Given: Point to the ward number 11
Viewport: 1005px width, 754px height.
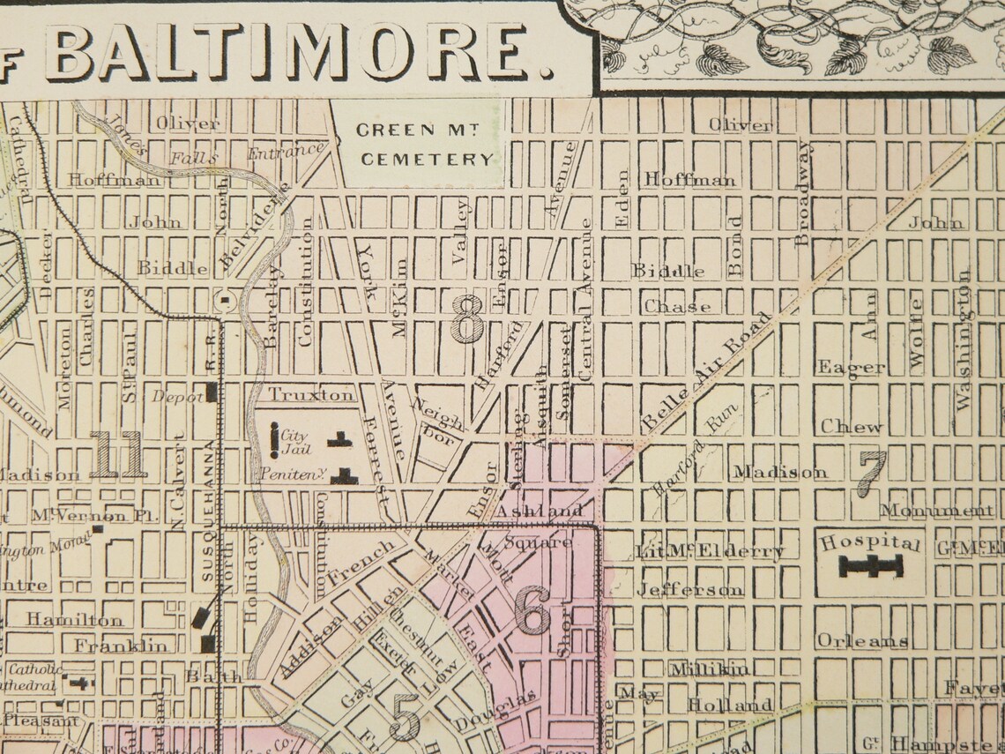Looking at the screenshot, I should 117,454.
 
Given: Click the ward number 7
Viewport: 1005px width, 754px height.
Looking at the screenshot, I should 871,473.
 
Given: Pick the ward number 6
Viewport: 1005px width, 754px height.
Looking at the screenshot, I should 532,611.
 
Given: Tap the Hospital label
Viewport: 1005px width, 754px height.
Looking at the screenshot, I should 870,542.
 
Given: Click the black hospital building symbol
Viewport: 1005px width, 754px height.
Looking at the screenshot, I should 871,567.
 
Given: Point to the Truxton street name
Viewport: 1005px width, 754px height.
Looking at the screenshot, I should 311,394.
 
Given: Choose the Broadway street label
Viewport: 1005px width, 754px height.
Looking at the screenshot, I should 803,192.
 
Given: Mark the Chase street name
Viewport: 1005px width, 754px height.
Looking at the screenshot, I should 677,307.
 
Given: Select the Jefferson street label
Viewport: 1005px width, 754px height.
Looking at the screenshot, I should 690,589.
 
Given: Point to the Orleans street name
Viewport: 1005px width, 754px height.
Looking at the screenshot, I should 862,641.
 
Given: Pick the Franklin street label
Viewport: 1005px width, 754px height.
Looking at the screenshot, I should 121,646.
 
